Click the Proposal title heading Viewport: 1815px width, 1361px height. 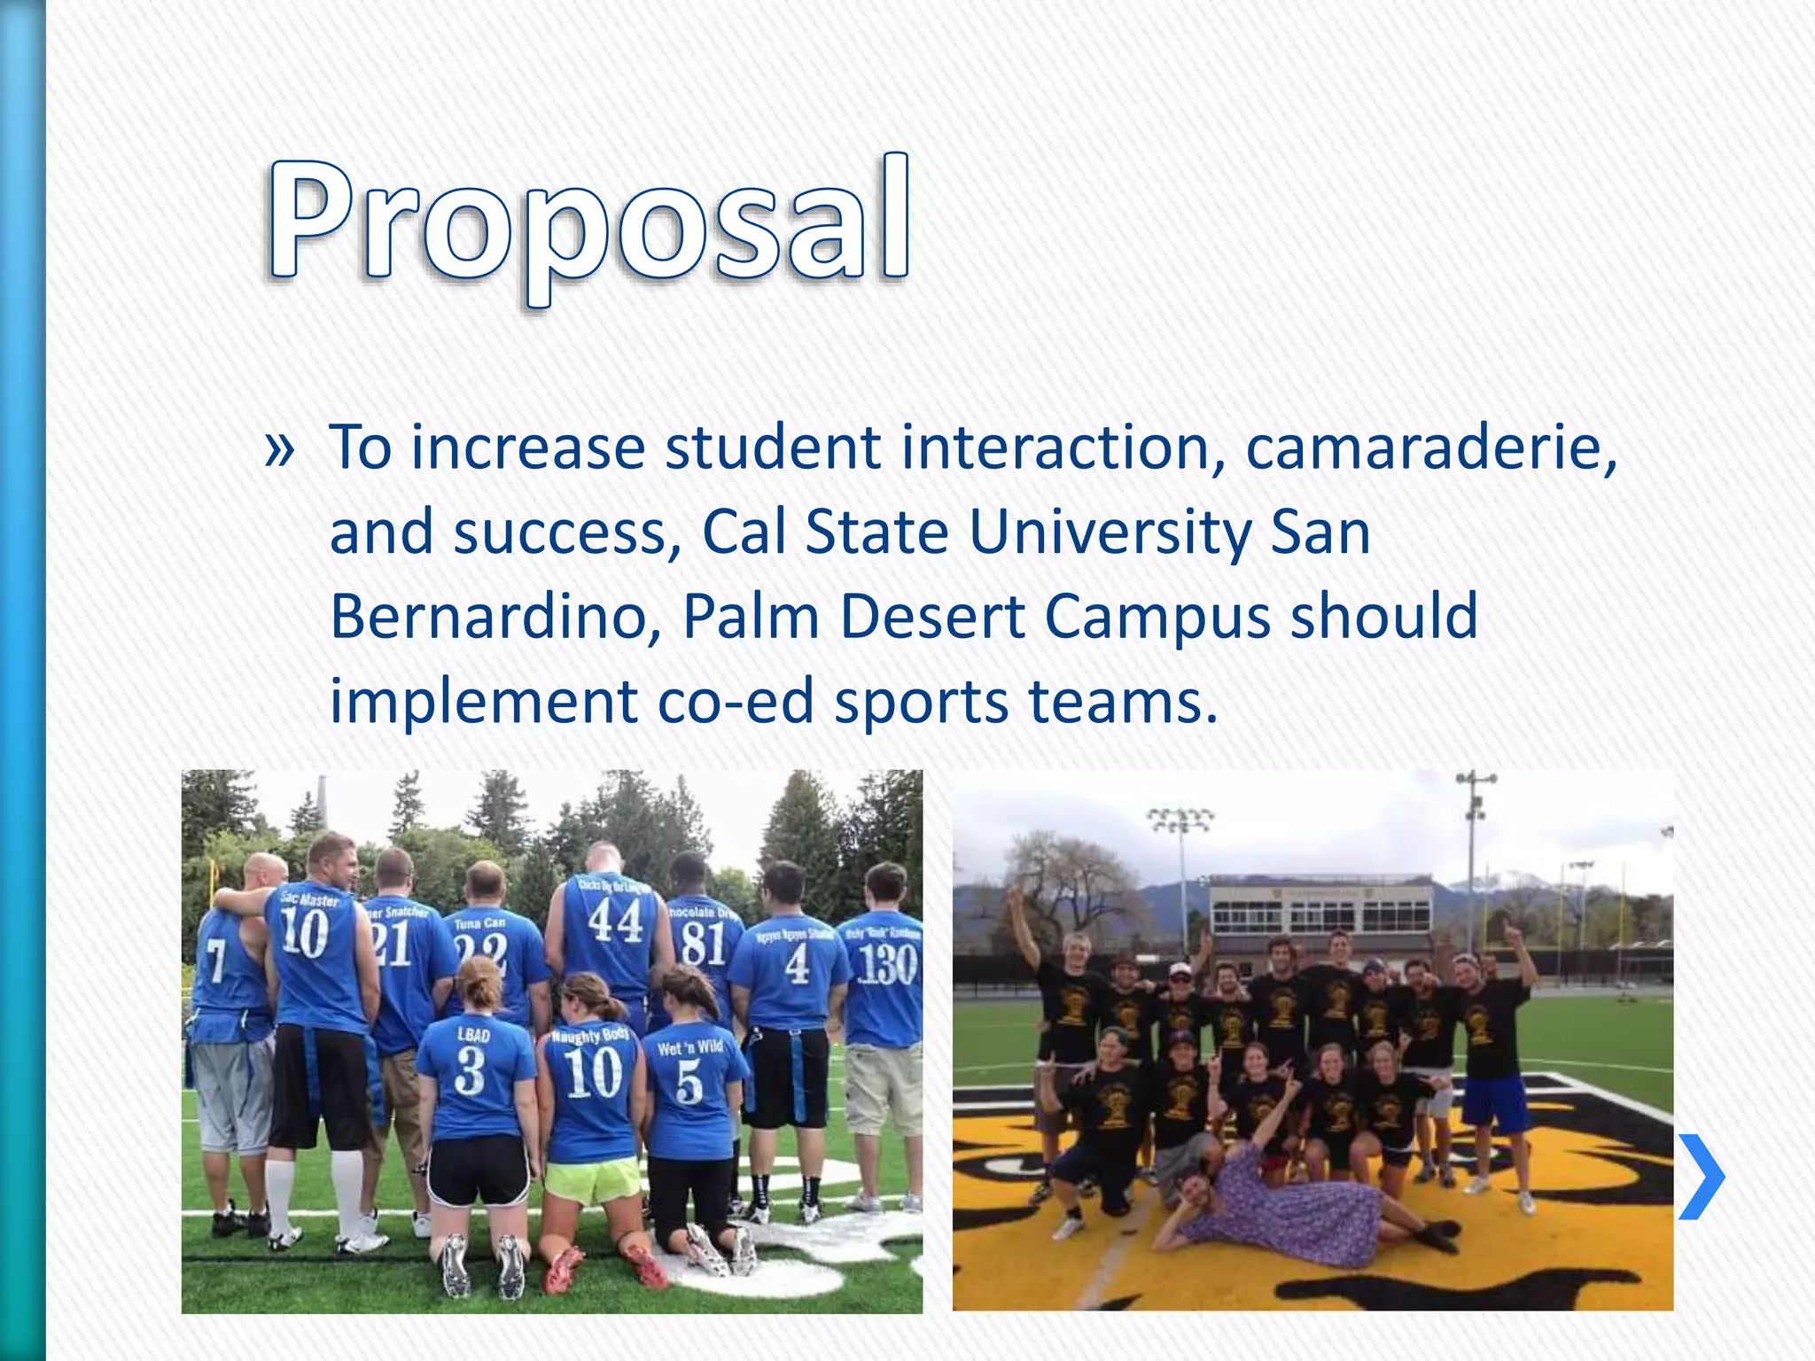coord(588,222)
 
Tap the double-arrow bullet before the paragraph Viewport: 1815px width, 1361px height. coord(279,450)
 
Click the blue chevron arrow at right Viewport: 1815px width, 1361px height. coord(1702,1177)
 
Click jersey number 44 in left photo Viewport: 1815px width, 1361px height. coord(615,922)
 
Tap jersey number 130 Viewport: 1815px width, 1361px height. coord(887,964)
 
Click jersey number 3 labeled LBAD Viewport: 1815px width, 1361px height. coord(470,1071)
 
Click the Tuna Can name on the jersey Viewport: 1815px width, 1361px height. coord(479,923)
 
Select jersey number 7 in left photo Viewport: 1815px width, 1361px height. coord(215,960)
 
